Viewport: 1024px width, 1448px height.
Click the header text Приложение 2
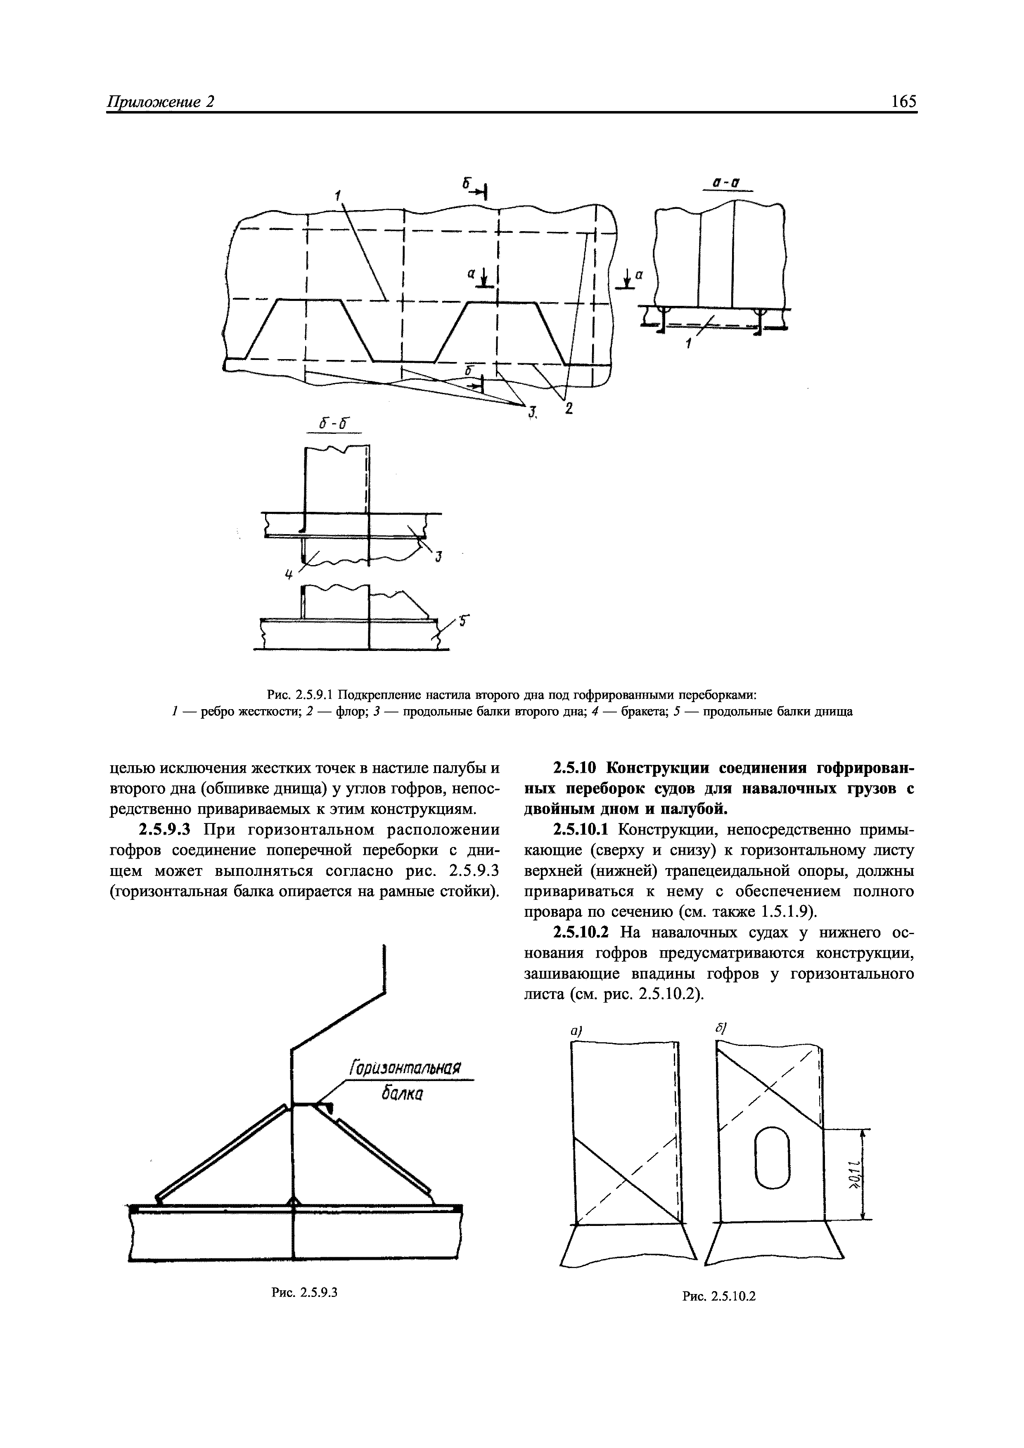pos(161,102)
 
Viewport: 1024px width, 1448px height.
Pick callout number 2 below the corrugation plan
pos(569,409)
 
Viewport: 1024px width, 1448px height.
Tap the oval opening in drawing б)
pos(772,1156)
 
